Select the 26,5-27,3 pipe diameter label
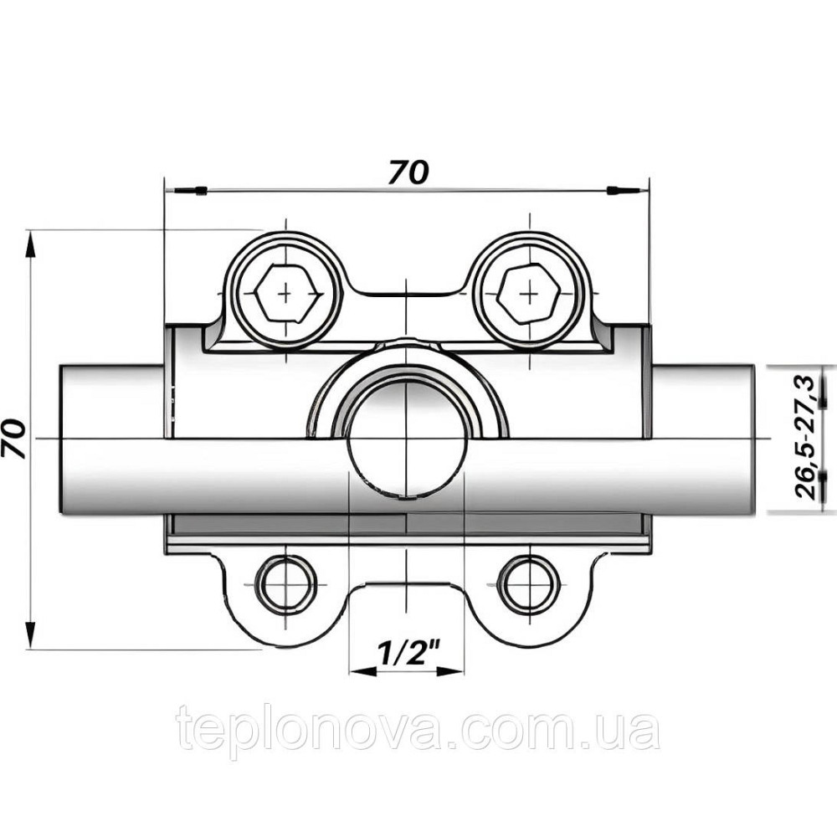point(807,437)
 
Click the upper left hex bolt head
point(286,295)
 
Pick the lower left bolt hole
point(286,583)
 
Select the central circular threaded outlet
point(406,439)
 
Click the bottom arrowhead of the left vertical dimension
point(32,631)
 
